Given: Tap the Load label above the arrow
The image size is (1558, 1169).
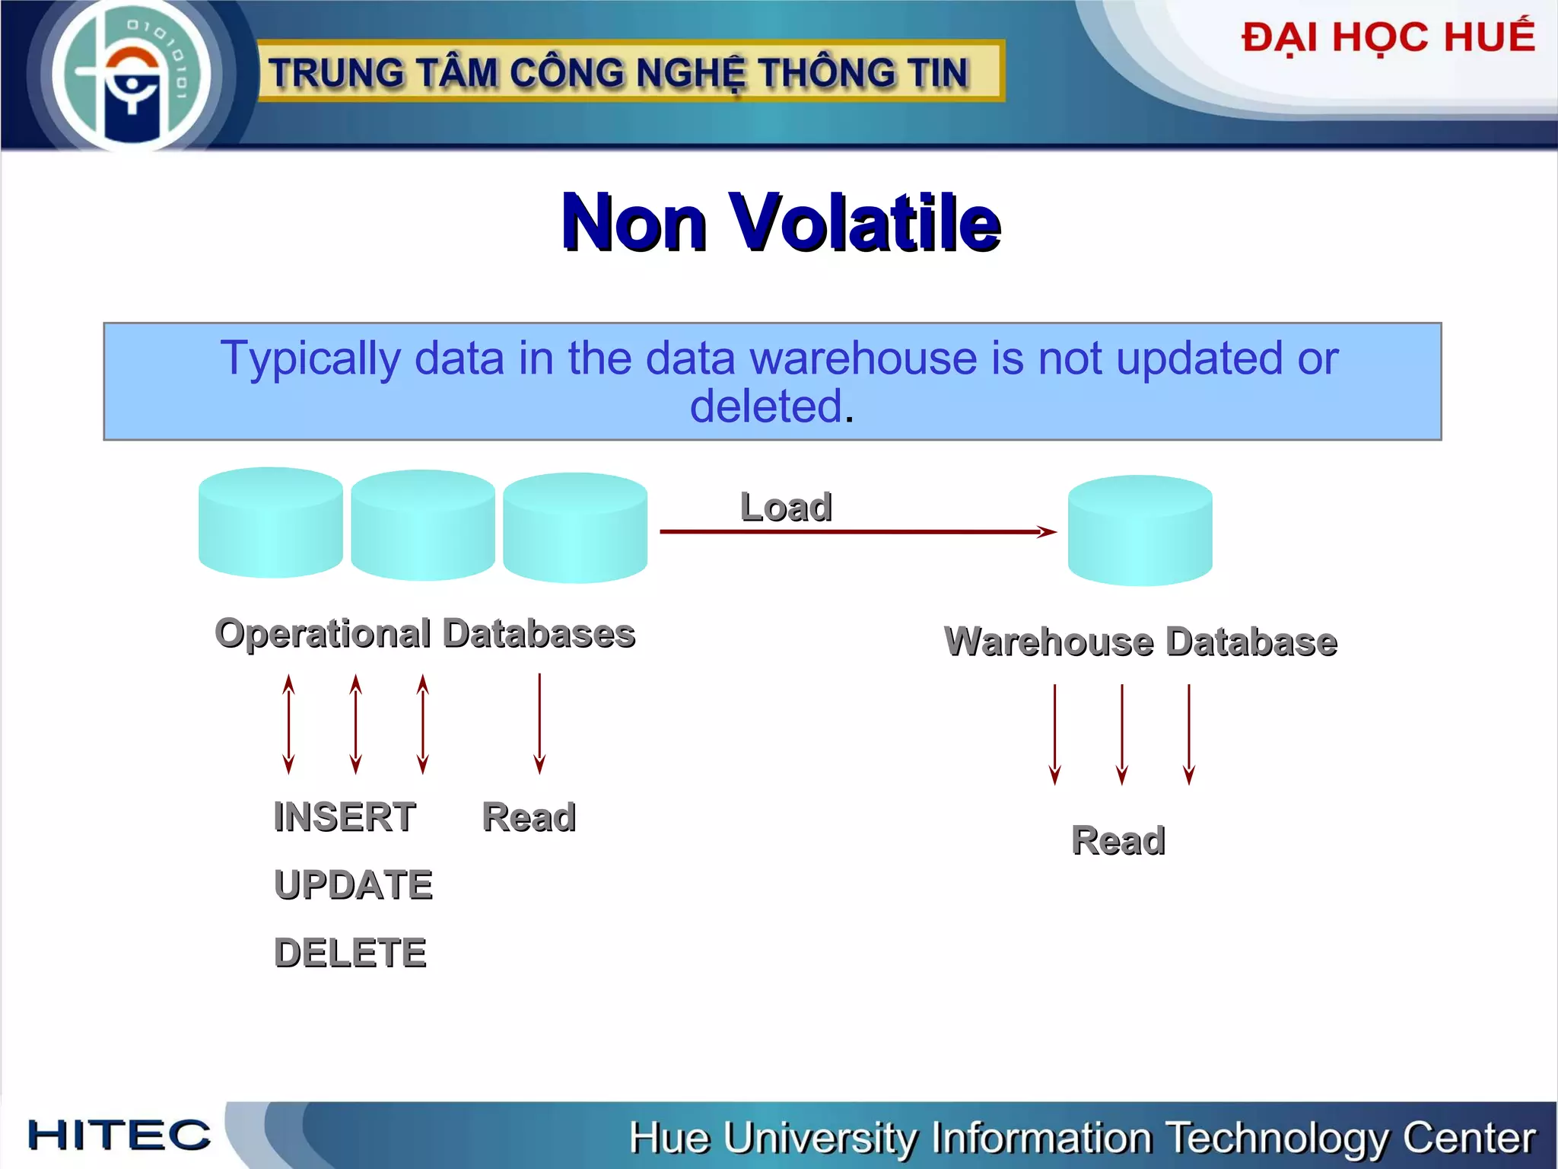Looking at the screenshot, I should click(786, 507).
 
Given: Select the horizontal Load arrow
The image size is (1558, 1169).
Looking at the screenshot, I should click(857, 531).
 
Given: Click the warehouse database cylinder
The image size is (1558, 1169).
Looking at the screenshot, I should click(1140, 530).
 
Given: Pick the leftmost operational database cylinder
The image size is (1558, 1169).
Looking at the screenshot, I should click(270, 523).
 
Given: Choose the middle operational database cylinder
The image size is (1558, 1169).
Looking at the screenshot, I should click(423, 525).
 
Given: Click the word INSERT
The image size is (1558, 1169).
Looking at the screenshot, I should click(345, 817).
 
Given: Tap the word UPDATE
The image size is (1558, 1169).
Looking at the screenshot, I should click(353, 884).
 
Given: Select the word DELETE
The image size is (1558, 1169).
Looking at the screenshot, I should click(350, 952).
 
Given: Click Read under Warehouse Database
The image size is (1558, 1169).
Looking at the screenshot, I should click(1118, 840).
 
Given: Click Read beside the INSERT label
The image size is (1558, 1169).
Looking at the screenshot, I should click(529, 817).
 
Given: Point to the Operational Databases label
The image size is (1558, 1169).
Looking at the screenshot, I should click(424, 633).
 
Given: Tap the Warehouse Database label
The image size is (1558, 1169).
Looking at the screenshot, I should click(1140, 641).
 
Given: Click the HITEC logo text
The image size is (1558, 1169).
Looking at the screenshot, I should click(119, 1135).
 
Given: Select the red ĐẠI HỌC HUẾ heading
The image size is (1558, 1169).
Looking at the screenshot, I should click(1388, 38).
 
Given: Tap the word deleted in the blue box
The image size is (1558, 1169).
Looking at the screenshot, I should click(766, 406).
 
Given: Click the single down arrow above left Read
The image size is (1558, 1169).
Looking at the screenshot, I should click(539, 723).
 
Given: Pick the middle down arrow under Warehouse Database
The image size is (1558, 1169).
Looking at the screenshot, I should click(1121, 734).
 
